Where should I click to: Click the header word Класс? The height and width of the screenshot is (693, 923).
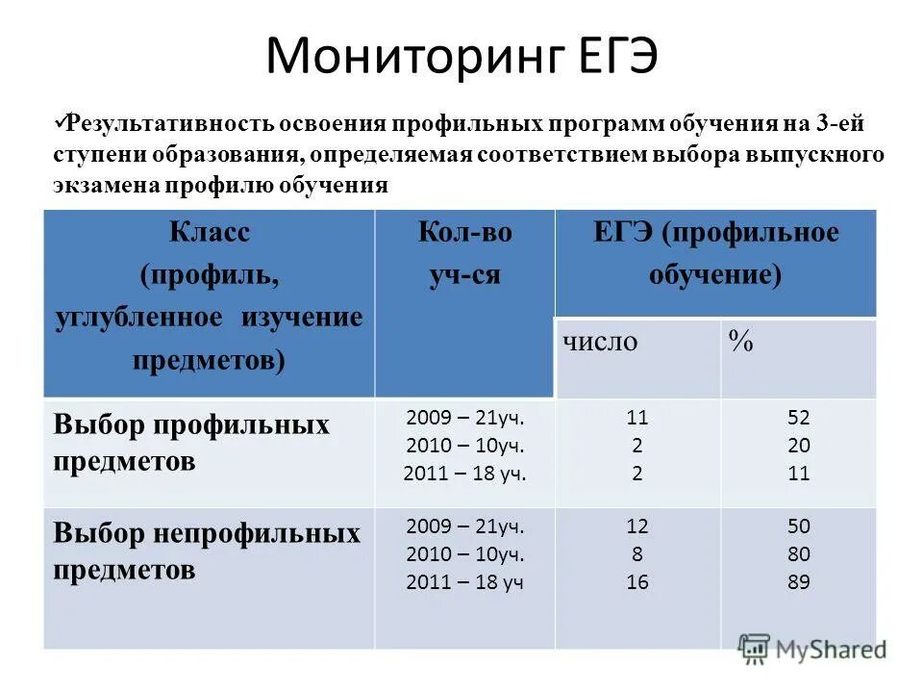coord(209,233)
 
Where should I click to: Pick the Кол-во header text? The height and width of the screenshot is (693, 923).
coord(464,233)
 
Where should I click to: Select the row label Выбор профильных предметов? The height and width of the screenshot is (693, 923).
coord(191,442)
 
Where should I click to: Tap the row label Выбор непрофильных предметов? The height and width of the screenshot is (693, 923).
coord(207,551)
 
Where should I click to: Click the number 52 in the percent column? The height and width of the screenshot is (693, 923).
coord(798,418)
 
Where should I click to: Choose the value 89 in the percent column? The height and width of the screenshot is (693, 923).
coord(798,582)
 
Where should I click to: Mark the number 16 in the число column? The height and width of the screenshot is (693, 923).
coord(636,582)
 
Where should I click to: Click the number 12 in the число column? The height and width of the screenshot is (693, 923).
coord(636,526)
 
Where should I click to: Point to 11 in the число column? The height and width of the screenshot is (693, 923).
coord(636,418)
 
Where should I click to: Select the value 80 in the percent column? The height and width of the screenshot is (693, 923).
coord(798,554)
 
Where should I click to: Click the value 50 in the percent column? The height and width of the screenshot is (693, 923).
coord(798,526)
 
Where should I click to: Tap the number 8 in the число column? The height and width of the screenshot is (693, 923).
coord(636,554)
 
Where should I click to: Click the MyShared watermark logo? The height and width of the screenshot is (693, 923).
coord(811,650)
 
